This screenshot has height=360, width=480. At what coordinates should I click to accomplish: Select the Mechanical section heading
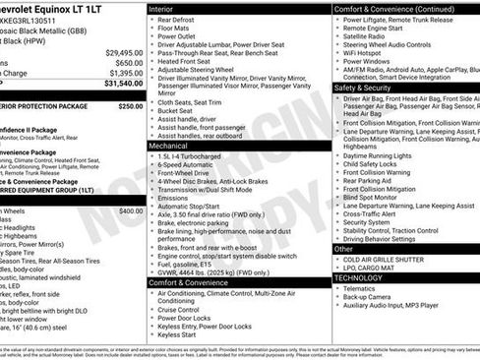click(172, 144)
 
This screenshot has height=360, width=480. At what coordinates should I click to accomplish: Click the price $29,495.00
click(124, 51)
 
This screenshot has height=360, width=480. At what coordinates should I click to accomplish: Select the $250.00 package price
click(130, 105)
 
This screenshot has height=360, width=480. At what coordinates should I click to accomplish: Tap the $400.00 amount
click(130, 211)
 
